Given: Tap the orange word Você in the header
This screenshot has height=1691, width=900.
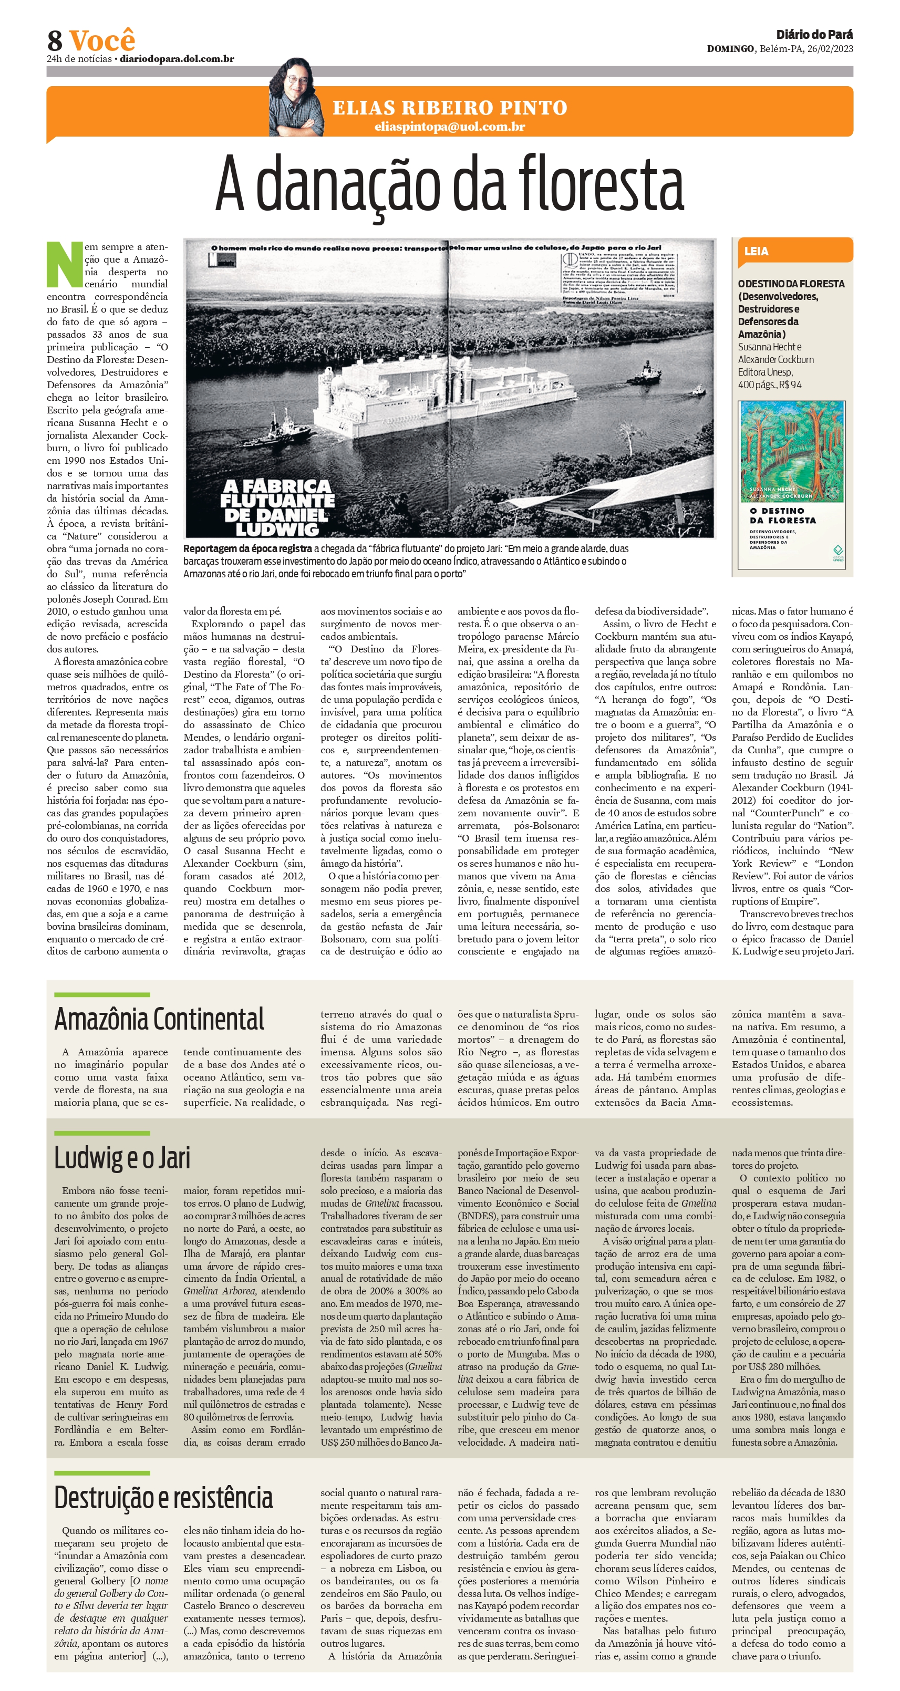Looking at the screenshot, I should [x=102, y=40].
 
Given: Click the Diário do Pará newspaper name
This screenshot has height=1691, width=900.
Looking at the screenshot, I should [x=814, y=35].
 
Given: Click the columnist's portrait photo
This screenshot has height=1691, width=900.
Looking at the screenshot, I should [x=297, y=98].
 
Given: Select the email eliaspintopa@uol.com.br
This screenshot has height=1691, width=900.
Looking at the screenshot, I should [x=450, y=127].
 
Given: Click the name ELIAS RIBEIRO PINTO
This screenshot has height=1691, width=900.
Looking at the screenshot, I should [x=450, y=108].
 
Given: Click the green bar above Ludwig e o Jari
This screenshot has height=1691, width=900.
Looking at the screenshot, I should [x=102, y=1133].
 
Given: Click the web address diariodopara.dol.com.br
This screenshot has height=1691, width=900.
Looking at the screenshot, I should [x=177, y=59].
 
